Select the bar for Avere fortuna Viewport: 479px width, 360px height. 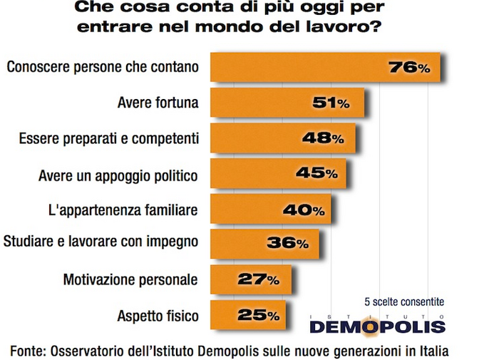[285, 103]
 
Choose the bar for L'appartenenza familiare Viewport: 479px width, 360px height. [271, 210]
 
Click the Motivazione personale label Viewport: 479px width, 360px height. [130, 278]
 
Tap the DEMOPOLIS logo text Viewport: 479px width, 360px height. [377, 326]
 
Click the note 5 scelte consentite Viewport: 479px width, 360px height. [403, 302]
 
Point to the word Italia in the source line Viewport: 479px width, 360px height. [432, 349]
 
